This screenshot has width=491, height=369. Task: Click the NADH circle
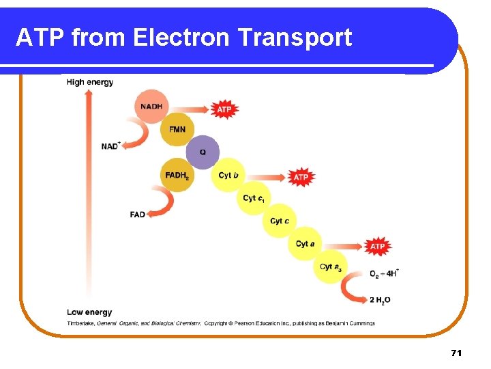[x=153, y=107]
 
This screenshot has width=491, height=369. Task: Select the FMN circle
[x=177, y=129]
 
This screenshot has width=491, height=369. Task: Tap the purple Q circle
[x=203, y=152]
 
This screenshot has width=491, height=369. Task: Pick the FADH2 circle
[x=177, y=175]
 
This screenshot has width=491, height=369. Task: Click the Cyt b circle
[x=228, y=176]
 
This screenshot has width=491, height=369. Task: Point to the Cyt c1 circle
[x=254, y=198]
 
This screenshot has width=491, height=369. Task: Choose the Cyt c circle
[x=280, y=221]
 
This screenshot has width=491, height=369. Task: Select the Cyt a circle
[x=306, y=243]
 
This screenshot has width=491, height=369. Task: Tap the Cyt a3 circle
[x=331, y=266]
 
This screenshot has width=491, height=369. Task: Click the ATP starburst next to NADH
[x=224, y=109]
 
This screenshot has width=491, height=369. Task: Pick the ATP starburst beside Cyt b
[x=301, y=177]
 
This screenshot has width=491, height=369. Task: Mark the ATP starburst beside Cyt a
[x=377, y=245]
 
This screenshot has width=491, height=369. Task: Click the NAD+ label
[x=110, y=146]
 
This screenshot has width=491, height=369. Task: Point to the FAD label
[x=137, y=215]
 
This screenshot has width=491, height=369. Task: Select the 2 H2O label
[x=381, y=300]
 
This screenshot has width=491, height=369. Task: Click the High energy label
[x=90, y=82]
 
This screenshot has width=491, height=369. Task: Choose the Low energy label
[x=89, y=312]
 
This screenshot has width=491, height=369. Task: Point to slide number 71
[x=456, y=353]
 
